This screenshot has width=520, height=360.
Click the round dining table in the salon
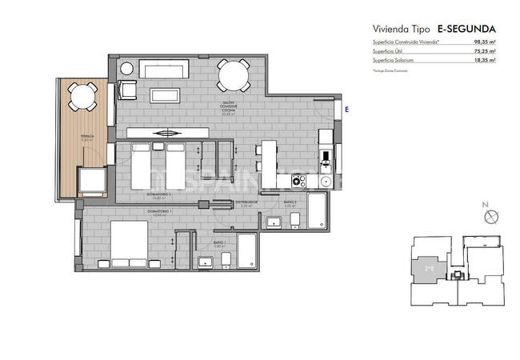click(x=232, y=78)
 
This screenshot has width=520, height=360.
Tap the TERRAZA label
click(x=86, y=137)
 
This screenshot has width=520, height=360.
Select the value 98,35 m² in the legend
click(x=484, y=42)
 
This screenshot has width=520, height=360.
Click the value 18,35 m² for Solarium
click(x=484, y=60)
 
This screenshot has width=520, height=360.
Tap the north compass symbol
click(x=492, y=216)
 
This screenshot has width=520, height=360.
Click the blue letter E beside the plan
click(x=346, y=108)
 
